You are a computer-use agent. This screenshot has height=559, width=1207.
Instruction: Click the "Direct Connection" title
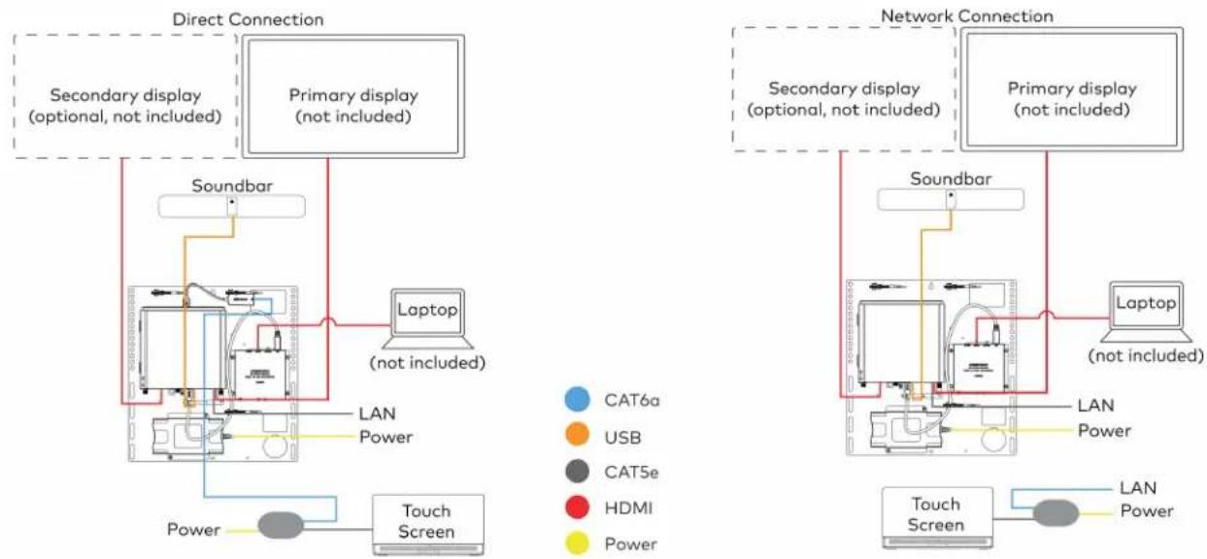[248, 19]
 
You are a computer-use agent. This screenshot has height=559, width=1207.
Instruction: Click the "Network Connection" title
[967, 16]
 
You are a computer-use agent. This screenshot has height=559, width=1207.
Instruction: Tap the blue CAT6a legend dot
[577, 400]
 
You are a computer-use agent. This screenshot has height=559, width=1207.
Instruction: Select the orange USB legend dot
[577, 435]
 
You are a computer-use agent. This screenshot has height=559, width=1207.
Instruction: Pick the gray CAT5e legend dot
[577, 472]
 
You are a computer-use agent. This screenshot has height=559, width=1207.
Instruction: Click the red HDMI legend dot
[577, 508]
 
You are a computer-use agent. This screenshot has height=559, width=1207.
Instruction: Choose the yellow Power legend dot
[577, 543]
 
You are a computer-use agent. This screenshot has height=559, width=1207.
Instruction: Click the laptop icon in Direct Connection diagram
[427, 319]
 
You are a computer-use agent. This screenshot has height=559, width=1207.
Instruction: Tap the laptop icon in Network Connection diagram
[1146, 312]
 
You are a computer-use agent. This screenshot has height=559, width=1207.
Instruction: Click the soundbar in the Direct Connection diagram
[232, 207]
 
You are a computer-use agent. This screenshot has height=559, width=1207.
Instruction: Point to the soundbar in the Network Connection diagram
[951, 200]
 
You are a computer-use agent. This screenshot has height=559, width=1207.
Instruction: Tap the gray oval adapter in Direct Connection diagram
[281, 525]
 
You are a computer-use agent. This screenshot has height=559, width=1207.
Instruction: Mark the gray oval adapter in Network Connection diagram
[1056, 512]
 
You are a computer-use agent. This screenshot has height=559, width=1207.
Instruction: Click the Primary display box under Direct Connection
[353, 96]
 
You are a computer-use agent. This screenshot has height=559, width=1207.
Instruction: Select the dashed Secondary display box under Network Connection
[844, 89]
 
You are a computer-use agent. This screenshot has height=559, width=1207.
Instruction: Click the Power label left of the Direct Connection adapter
[193, 529]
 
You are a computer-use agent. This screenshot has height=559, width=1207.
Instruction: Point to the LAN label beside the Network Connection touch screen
[1138, 488]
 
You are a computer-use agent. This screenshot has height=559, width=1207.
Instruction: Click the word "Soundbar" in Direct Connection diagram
[232, 185]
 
